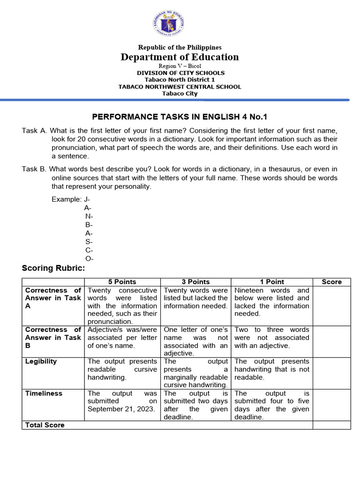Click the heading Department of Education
click(180, 57)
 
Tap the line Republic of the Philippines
click(180, 47)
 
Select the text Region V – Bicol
click(180, 66)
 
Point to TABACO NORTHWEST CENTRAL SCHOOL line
click(180, 87)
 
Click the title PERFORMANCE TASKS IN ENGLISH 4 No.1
click(180, 117)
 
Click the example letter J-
click(87, 199)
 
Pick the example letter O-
click(89, 258)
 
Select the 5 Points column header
click(122, 282)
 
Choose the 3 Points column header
click(195, 282)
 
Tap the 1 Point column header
click(272, 282)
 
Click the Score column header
click(331, 282)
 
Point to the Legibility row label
click(41, 361)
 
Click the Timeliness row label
click(44, 393)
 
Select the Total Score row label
click(45, 425)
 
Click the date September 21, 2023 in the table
click(122, 409)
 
